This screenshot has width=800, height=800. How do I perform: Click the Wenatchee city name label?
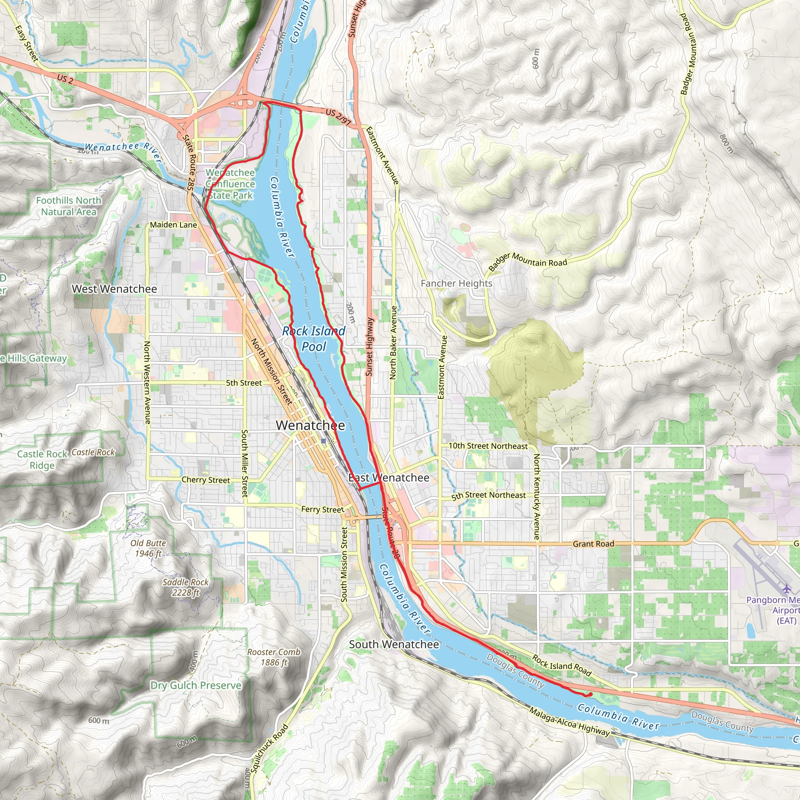tap(310, 425)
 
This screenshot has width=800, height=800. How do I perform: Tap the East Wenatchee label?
tap(389, 477)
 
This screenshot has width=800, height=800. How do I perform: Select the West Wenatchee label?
tap(114, 289)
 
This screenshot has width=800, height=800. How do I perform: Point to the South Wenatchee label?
tap(394, 644)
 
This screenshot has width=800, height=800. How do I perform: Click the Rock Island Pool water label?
tap(314, 339)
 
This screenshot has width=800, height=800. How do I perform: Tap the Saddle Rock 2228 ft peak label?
tap(186, 587)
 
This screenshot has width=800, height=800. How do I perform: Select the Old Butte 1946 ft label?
tap(148, 548)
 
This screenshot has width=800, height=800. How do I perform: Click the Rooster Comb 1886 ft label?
tap(274, 657)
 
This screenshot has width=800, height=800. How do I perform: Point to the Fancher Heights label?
tap(456, 283)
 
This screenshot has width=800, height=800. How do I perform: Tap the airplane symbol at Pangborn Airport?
tap(786, 588)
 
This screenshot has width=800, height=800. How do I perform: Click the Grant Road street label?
tap(593, 544)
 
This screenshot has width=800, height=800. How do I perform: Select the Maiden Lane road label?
tap(173, 225)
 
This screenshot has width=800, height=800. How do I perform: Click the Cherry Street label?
tap(205, 480)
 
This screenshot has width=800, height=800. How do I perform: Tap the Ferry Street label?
tap(322, 509)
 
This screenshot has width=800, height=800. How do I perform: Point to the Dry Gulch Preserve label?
tap(196, 685)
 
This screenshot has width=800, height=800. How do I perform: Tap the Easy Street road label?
tap(26, 43)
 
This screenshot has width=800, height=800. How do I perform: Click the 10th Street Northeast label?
tap(488, 446)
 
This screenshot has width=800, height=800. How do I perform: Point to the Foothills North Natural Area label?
tap(69, 206)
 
